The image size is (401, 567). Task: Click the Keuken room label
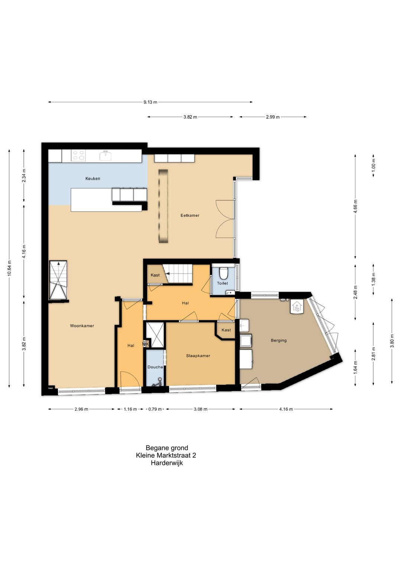[x=92, y=178]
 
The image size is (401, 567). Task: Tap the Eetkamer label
[x=190, y=216]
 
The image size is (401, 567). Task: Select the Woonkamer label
[x=82, y=326]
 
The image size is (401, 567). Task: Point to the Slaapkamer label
[x=198, y=356]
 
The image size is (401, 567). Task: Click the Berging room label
[x=278, y=340]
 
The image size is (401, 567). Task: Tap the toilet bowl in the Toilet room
[x=223, y=273]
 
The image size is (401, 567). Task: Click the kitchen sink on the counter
[x=106, y=156]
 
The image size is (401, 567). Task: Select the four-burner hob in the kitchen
[x=78, y=155]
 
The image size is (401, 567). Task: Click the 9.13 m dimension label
[x=150, y=102]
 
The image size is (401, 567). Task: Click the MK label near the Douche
[x=146, y=344]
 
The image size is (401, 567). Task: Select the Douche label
[x=155, y=367]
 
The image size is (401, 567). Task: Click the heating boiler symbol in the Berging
[x=296, y=307]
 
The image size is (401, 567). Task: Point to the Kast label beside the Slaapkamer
[x=226, y=330]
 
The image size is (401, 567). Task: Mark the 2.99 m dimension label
[x=273, y=117]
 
